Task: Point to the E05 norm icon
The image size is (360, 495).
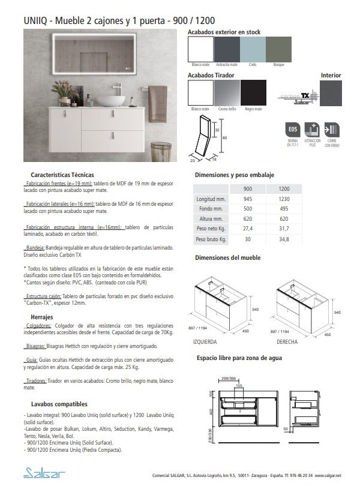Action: [x=293, y=131]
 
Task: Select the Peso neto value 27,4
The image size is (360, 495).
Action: [x=247, y=229]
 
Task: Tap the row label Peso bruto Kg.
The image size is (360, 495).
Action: [x=210, y=239]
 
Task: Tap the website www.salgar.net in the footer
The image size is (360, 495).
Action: [x=328, y=475]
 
